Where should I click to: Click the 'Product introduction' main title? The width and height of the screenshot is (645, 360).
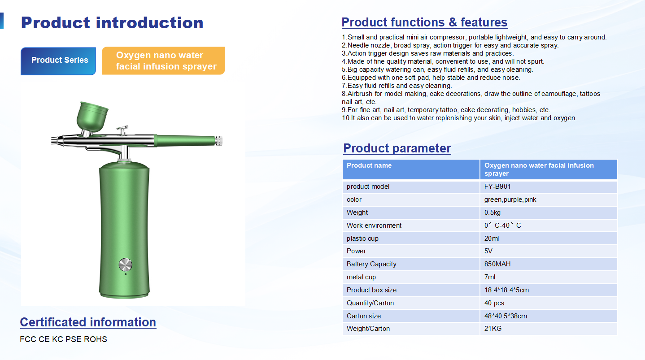[x=112, y=23]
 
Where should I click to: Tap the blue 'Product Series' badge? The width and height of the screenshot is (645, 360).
[x=58, y=61]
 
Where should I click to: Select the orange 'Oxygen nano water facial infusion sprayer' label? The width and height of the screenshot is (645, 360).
[x=163, y=61]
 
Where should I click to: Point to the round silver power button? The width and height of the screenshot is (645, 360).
[x=126, y=265]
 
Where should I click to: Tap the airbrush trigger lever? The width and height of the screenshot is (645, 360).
[x=122, y=130]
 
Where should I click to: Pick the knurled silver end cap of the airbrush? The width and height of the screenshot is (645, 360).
[x=219, y=141]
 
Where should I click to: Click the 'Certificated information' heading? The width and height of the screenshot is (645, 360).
[x=88, y=322]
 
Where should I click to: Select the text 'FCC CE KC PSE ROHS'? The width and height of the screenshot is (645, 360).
[x=63, y=339]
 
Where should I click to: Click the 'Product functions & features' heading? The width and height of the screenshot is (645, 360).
[x=424, y=22]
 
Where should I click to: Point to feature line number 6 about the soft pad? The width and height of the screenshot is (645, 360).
[x=431, y=78]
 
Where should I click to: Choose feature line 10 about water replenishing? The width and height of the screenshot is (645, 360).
[x=459, y=118]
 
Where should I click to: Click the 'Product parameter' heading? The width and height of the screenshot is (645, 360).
[x=397, y=148]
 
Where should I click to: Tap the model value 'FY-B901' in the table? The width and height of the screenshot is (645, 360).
[x=497, y=187]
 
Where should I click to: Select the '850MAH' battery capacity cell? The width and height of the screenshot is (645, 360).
[x=497, y=264]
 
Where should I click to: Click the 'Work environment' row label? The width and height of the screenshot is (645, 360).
[x=374, y=226]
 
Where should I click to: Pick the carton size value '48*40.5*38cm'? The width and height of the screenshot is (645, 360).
[x=506, y=316]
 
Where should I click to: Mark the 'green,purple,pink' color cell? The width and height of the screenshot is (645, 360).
[x=510, y=200]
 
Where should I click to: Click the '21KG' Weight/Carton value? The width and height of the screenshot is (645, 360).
[x=492, y=329]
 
